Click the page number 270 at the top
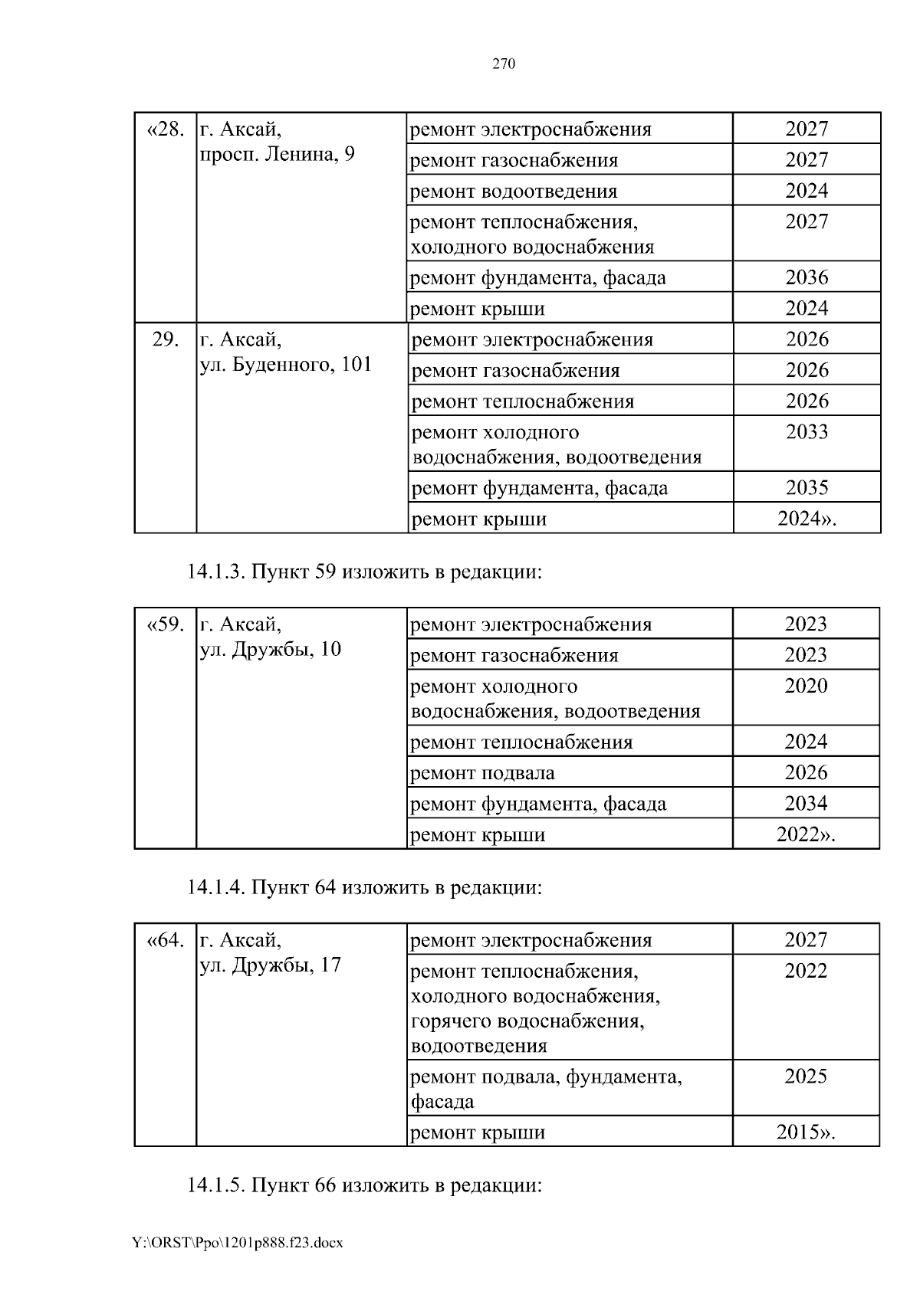click(503, 64)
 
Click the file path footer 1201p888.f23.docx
click(238, 1243)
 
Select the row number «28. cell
click(165, 129)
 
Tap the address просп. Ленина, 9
click(277, 156)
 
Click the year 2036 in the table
click(807, 277)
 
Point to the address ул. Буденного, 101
click(285, 365)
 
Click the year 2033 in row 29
click(807, 432)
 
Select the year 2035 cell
click(807, 488)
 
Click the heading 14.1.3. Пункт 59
click(364, 572)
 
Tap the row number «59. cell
click(165, 624)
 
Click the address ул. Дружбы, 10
click(270, 650)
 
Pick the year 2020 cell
click(806, 686)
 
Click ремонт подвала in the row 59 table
click(482, 773)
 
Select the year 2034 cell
click(806, 804)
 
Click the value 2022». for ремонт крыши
click(806, 834)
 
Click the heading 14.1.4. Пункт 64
click(364, 888)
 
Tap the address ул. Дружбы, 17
click(270, 965)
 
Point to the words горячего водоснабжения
click(527, 1021)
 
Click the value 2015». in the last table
click(806, 1132)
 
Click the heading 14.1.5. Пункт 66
click(364, 1185)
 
